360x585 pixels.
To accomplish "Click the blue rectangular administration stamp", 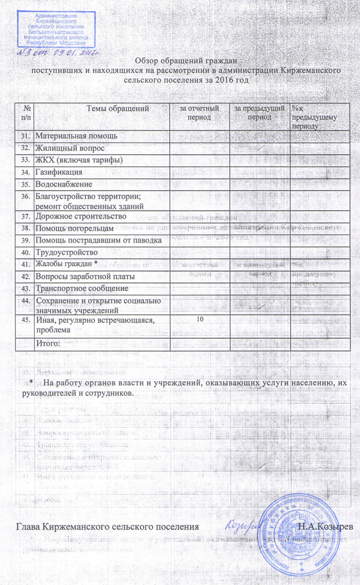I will tap(56, 29).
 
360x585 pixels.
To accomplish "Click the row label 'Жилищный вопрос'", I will tap(70, 148).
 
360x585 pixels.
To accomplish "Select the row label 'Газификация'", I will tap(59, 172).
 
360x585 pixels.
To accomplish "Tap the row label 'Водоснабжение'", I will tap(64, 184).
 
